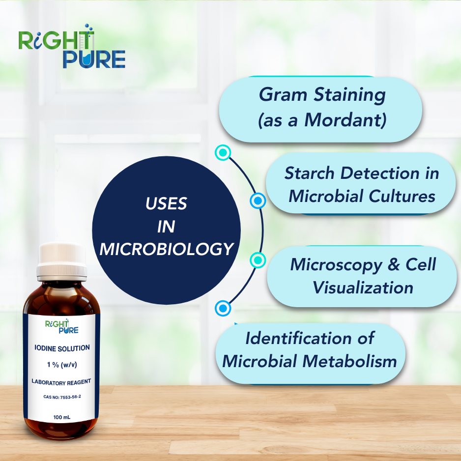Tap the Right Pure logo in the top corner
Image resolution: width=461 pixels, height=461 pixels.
72,47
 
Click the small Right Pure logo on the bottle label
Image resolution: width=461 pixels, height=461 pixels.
61,327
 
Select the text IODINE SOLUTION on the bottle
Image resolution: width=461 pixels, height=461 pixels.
62,348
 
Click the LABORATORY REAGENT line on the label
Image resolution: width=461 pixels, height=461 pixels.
61,382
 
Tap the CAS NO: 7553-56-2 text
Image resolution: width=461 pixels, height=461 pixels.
61,396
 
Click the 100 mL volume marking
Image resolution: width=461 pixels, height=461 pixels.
61,417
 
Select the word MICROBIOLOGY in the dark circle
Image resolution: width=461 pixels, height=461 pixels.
166,249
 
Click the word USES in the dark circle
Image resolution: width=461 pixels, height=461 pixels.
166,204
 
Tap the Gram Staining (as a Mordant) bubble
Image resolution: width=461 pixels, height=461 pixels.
320,109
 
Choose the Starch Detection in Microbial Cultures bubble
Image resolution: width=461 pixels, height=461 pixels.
362,184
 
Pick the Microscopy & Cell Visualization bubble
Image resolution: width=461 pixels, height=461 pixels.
363,276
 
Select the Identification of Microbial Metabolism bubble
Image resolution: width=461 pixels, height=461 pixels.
310,350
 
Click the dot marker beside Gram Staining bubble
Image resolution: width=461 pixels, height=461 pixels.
223,152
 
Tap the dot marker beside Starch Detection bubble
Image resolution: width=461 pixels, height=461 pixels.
258,201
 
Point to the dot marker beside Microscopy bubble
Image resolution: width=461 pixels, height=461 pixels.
258,260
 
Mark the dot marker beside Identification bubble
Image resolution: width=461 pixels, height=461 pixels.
223,309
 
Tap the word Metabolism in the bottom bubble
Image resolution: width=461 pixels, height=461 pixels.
349,362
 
